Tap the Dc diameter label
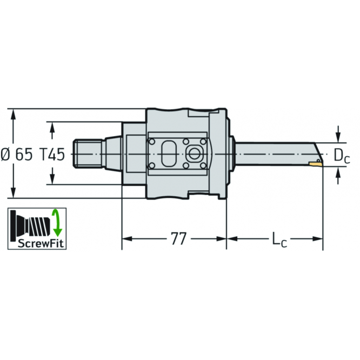pyautogui.click(x=341, y=156)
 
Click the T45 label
pyautogui.click(x=53, y=155)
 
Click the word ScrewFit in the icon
pyautogui.click(x=37, y=243)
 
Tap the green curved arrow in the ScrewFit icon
pyautogui.click(x=55, y=222)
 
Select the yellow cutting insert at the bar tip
pyautogui.click(x=316, y=162)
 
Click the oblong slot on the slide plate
pyautogui.click(x=168, y=154)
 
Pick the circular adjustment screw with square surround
pyautogui.click(x=192, y=154)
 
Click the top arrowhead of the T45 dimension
pyautogui.click(x=52, y=126)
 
